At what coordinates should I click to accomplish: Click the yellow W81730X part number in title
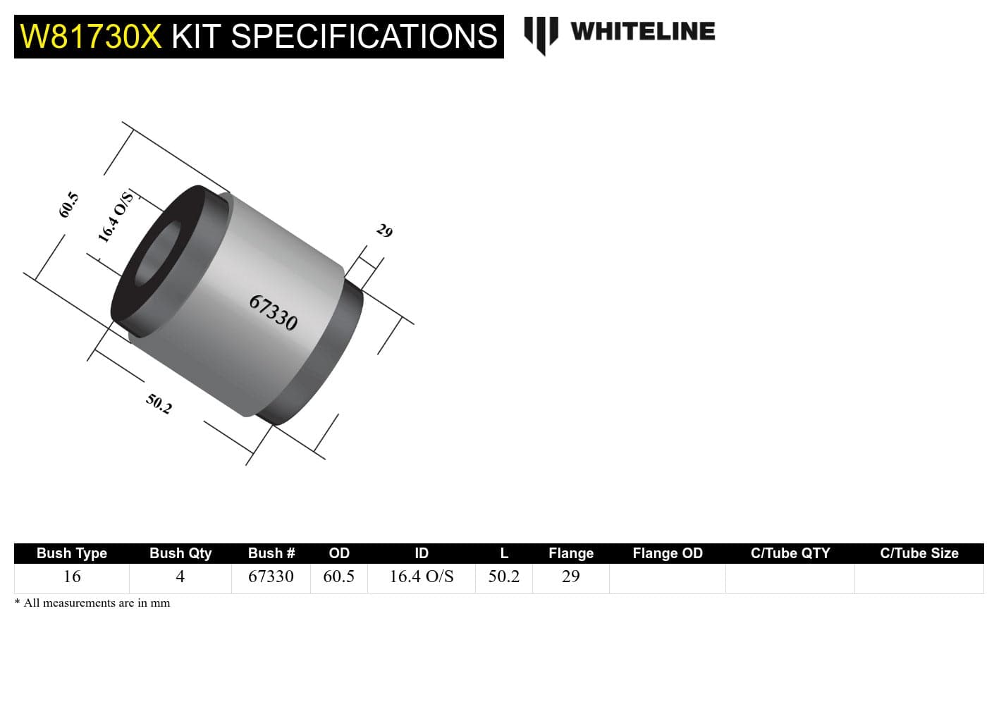click(91, 37)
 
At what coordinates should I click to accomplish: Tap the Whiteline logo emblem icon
click(541, 34)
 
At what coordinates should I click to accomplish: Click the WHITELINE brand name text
click(642, 32)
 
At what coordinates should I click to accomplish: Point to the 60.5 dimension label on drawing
click(68, 204)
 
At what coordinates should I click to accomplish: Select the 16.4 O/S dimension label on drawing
click(115, 218)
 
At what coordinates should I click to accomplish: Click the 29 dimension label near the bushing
click(384, 230)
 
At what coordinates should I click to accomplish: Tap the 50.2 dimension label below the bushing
click(159, 404)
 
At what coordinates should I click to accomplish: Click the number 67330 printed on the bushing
click(274, 312)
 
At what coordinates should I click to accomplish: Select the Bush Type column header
click(72, 553)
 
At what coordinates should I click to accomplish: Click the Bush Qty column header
click(180, 553)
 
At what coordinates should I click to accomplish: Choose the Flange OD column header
click(667, 553)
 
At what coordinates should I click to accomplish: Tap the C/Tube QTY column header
click(790, 553)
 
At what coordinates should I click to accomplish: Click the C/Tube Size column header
click(919, 553)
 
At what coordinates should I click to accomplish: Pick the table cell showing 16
click(72, 576)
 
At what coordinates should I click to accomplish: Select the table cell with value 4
click(180, 576)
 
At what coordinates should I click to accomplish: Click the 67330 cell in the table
click(271, 576)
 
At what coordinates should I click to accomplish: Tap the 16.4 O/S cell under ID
click(422, 576)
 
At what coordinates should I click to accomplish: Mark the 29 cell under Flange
click(570, 576)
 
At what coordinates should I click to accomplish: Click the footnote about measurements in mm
click(92, 603)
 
